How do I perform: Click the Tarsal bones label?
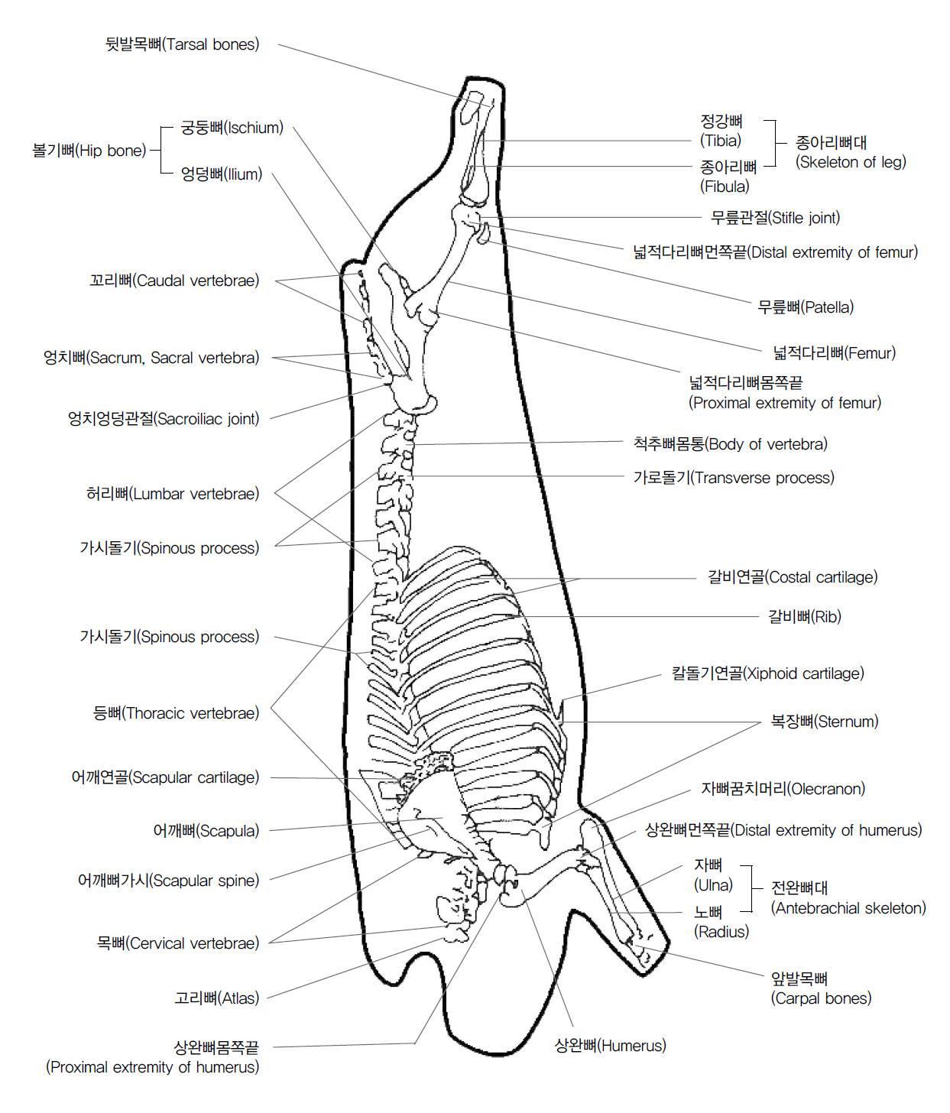(x=182, y=44)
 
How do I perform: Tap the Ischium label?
(x=232, y=128)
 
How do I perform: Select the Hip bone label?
(x=89, y=151)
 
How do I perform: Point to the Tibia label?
(x=721, y=131)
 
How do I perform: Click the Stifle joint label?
(x=775, y=218)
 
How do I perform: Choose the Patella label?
(x=805, y=307)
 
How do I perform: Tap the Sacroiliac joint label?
(x=164, y=419)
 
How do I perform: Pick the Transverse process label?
(x=734, y=478)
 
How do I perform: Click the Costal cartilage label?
(x=793, y=577)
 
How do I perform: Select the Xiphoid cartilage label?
(x=767, y=673)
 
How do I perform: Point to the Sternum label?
(x=825, y=722)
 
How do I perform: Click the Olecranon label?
(x=783, y=789)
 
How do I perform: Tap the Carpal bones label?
(x=821, y=988)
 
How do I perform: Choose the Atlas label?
(x=217, y=998)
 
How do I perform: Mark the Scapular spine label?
(x=168, y=881)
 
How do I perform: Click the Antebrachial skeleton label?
(x=848, y=898)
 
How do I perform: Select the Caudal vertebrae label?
(x=174, y=281)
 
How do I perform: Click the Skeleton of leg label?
(x=851, y=152)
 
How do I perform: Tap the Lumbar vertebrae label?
(x=173, y=494)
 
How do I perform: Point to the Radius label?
(x=721, y=922)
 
